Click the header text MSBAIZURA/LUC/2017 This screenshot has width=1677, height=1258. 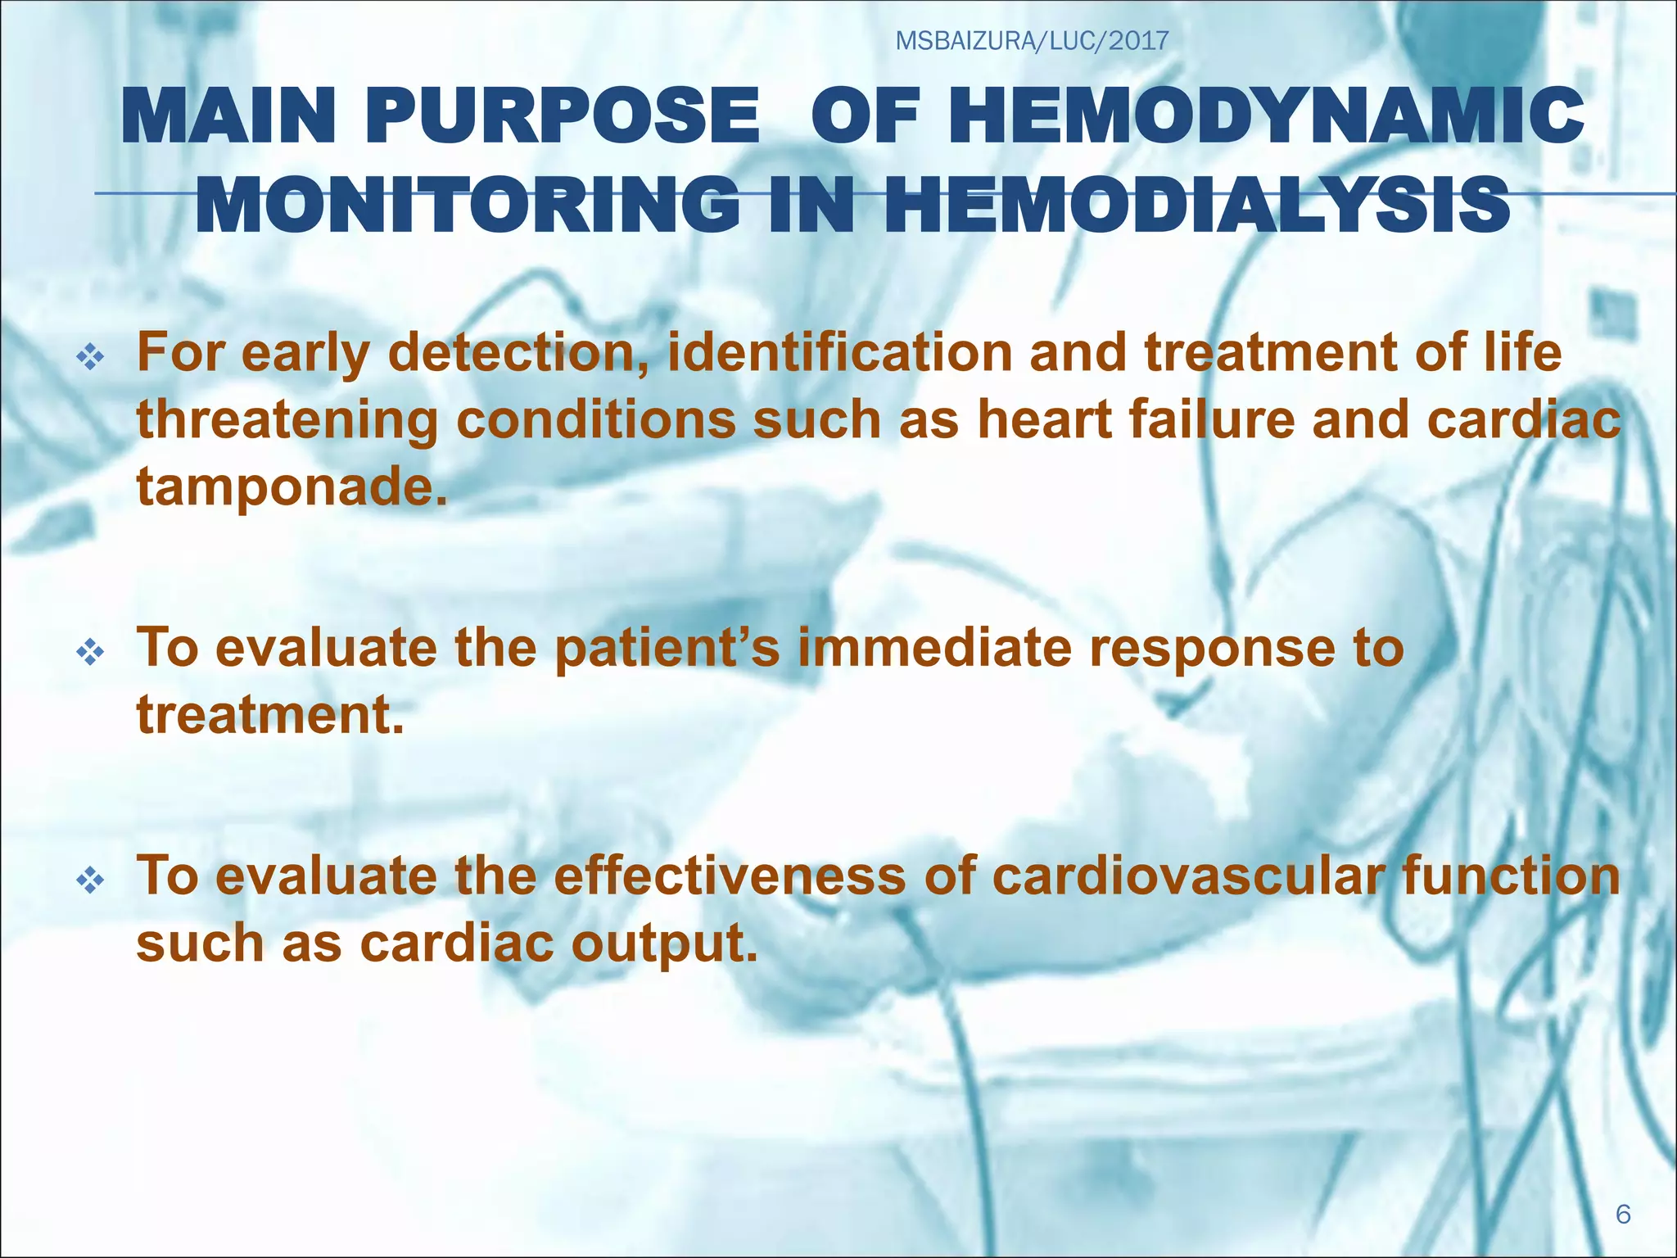pos(1032,40)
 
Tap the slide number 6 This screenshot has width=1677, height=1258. pos(1623,1213)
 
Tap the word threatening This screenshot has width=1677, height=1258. pos(287,419)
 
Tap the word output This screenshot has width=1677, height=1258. pos(663,943)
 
